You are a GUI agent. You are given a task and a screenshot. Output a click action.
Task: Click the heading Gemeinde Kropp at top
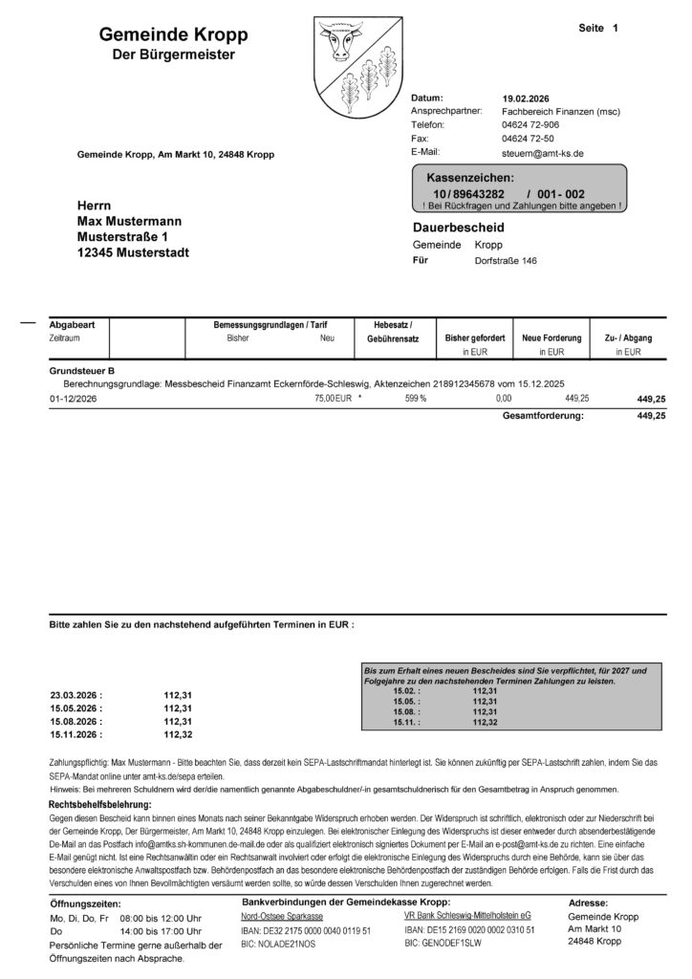point(173,34)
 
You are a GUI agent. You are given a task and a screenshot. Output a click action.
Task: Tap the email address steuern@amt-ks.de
point(542,152)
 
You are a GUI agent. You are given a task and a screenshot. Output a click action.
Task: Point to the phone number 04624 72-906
point(530,125)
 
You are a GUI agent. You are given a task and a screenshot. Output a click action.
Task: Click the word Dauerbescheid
point(458,228)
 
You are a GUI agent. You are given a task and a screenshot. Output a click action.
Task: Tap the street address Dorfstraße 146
point(506,260)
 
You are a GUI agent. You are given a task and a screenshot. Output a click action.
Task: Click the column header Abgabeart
point(73,325)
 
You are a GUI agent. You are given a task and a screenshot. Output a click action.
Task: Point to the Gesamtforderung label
point(542,416)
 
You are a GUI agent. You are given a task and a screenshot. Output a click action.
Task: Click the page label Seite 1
point(598,29)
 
